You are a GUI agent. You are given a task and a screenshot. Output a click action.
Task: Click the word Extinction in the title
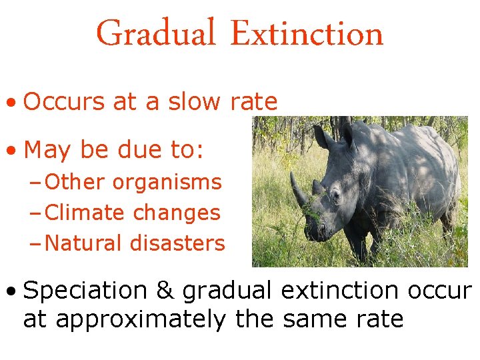pyautogui.click(x=307, y=33)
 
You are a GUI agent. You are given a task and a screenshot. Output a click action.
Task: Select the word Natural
pyautogui.click(x=84, y=244)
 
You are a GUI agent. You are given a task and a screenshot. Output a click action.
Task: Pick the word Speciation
pyautogui.click(x=85, y=291)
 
